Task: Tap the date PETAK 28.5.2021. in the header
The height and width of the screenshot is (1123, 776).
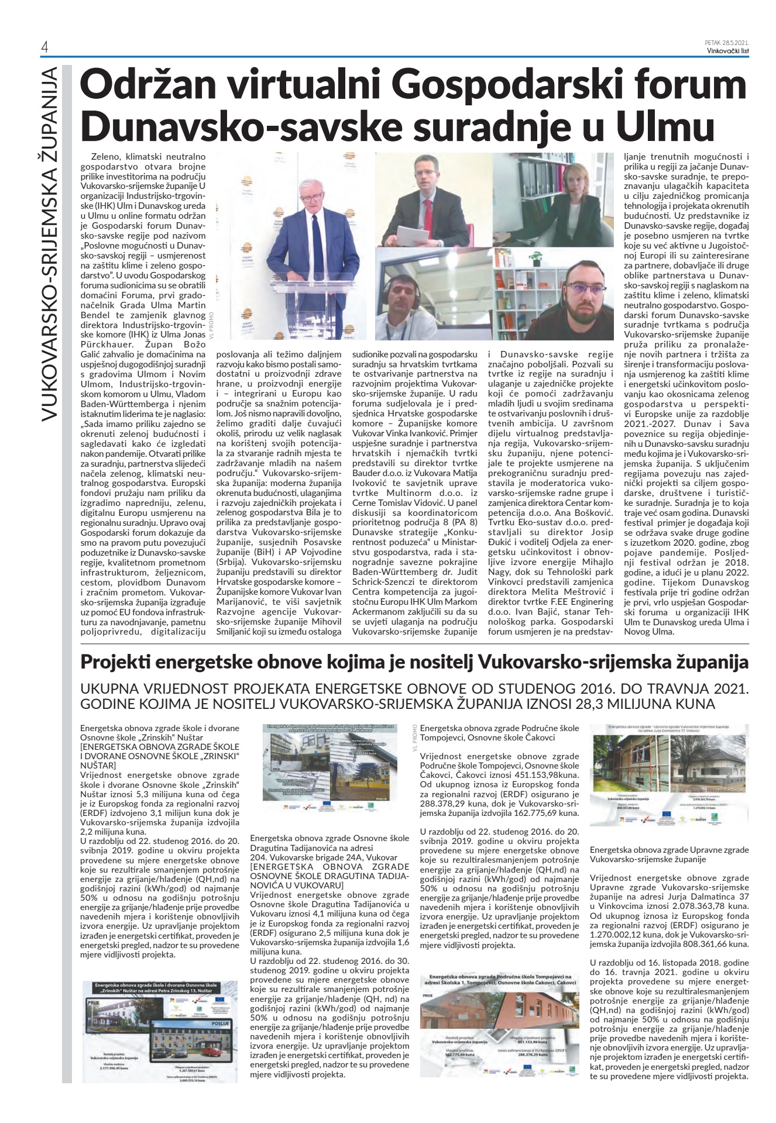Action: (x=727, y=43)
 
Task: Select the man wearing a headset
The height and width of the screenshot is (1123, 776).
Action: (x=404, y=298)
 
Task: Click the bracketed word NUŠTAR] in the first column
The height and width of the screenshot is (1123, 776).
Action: (x=98, y=766)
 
